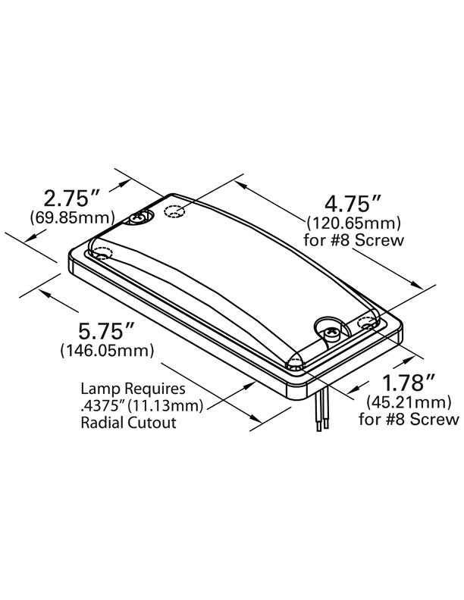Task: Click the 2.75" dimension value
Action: point(72,199)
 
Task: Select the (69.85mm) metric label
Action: point(72,218)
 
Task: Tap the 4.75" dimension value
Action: point(353,204)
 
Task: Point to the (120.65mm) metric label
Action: point(353,223)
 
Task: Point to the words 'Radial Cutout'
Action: point(128,423)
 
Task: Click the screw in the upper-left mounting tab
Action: point(140,219)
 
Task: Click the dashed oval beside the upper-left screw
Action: point(174,211)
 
